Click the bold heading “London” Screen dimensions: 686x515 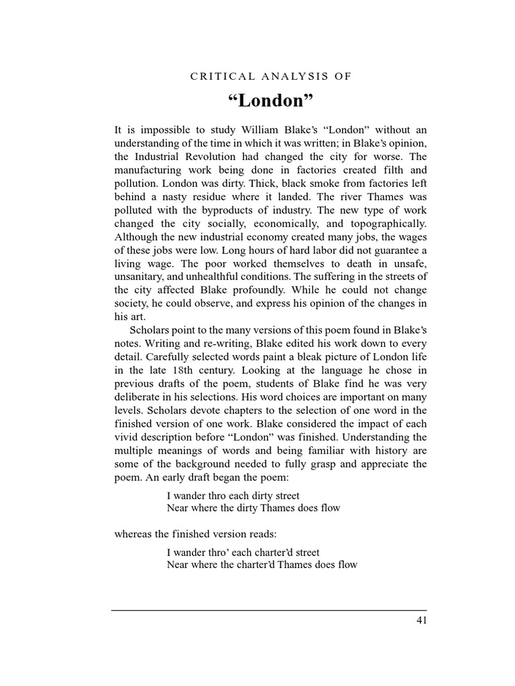[270, 102]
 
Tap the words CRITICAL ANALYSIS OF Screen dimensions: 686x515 [270, 76]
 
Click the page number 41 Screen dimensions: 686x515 [421, 620]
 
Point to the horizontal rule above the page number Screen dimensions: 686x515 [269, 610]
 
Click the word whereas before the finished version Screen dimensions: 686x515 [135, 534]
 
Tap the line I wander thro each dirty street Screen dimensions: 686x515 [233, 496]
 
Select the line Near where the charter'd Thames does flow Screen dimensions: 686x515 [262, 565]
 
